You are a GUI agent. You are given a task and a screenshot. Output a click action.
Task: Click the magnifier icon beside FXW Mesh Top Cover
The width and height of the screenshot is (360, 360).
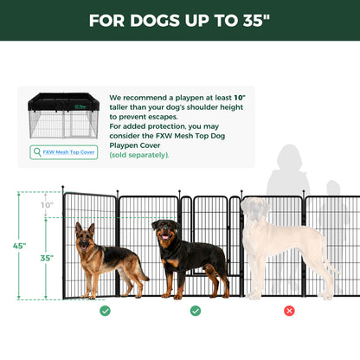pyautogui.click(x=36, y=151)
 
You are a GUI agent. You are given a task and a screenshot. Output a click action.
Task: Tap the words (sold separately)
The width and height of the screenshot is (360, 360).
pyautogui.click(x=139, y=155)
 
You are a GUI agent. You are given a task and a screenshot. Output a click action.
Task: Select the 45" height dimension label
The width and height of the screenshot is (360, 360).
pyautogui.click(x=19, y=246)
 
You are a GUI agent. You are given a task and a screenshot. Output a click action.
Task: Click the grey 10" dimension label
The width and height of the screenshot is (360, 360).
pyautogui.click(x=46, y=206)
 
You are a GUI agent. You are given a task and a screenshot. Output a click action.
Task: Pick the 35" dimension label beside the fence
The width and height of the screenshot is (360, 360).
pyautogui.click(x=46, y=257)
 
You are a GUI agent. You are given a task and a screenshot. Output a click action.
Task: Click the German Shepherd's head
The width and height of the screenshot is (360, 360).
pyautogui.click(x=85, y=233)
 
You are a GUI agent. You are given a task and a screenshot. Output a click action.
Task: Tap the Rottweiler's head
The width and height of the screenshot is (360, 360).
pyautogui.click(x=165, y=230)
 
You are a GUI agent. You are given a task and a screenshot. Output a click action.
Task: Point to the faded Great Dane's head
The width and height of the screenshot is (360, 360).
pyautogui.click(x=256, y=212)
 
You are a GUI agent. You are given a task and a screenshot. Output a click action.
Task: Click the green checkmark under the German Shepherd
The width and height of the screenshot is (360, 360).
pyautogui.click(x=105, y=310)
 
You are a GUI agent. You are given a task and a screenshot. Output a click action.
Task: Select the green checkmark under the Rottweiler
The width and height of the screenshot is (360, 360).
pyautogui.click(x=196, y=310)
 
